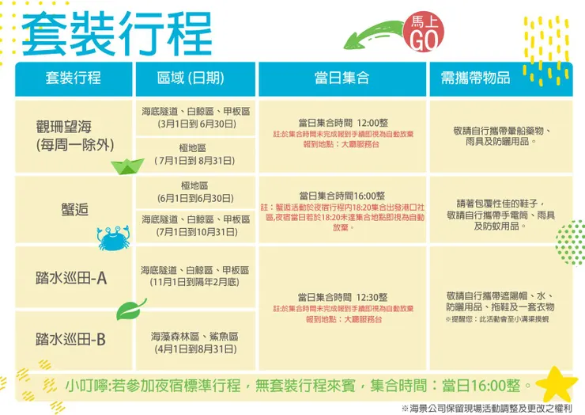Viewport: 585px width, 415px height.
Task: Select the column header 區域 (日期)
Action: (x=190, y=78)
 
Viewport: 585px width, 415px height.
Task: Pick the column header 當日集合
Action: (x=342, y=78)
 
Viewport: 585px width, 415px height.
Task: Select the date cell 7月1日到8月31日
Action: (x=195, y=160)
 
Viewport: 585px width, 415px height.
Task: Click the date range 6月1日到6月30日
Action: (x=195, y=197)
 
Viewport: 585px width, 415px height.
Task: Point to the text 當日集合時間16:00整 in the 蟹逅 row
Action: (x=342, y=195)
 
